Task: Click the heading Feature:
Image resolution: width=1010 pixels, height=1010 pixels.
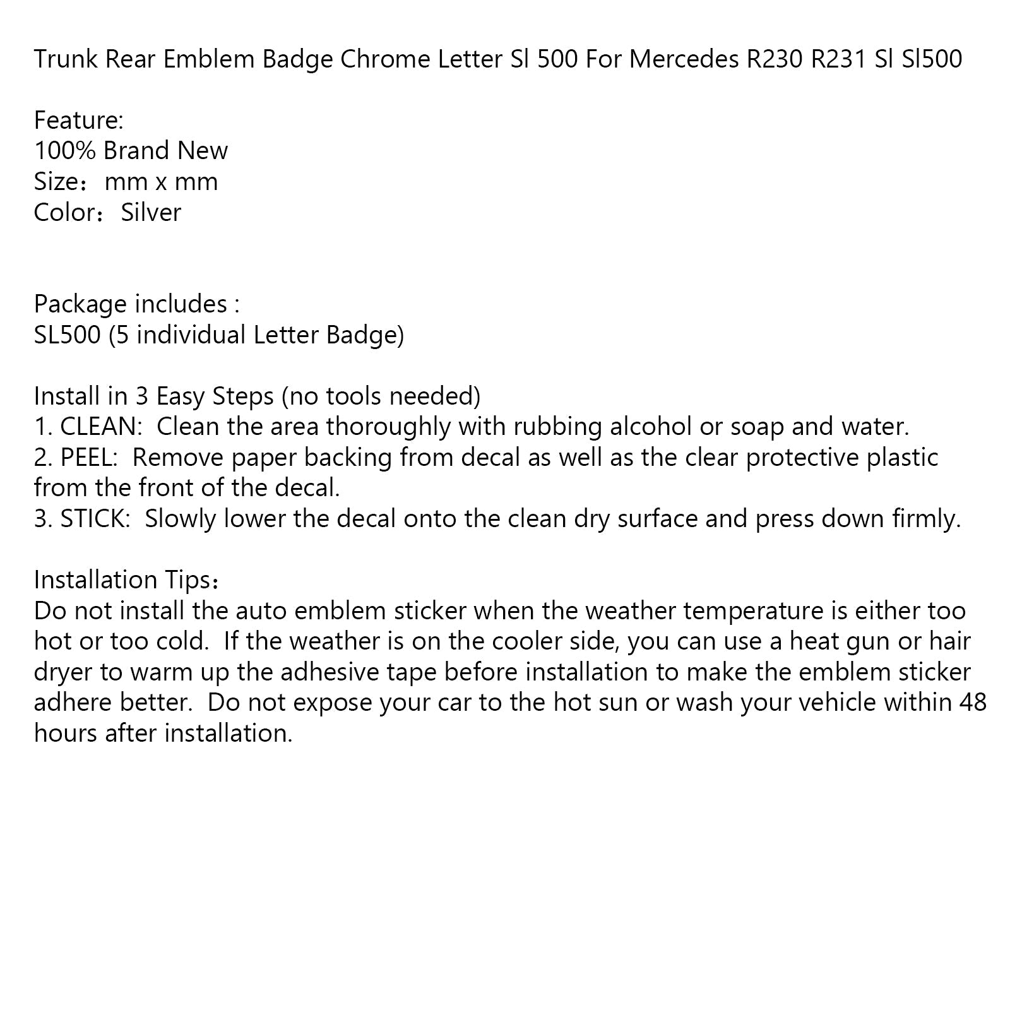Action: (x=79, y=120)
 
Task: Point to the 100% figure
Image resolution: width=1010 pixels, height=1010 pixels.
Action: (x=64, y=151)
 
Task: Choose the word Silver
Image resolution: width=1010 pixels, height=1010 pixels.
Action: (x=151, y=212)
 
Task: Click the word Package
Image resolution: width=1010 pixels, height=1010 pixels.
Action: (x=78, y=304)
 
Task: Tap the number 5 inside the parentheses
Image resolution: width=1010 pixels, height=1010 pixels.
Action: (x=122, y=335)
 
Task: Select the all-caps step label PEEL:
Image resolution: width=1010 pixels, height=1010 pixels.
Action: (x=89, y=457)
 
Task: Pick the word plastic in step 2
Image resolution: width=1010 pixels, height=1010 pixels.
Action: (x=903, y=457)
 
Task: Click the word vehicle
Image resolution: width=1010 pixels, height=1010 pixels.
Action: (x=836, y=702)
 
